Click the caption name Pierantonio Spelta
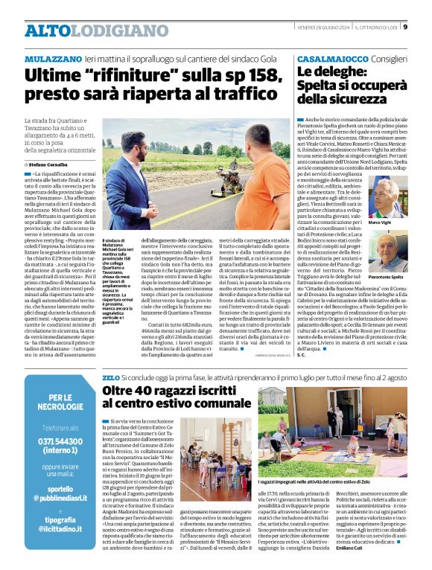point(386,277)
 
